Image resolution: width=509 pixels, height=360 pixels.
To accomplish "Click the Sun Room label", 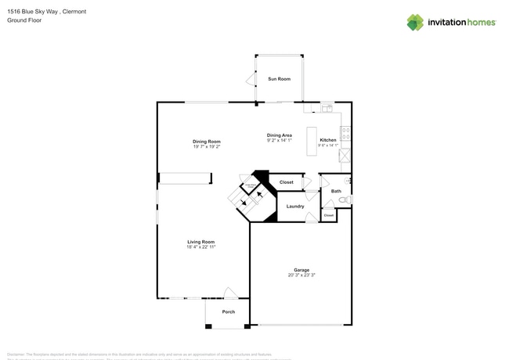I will pyautogui.click(x=279, y=79).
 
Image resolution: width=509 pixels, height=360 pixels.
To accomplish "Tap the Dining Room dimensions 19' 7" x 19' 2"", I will pyautogui.click(x=207, y=147).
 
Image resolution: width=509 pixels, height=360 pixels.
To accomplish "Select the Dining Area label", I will pyautogui.click(x=280, y=135).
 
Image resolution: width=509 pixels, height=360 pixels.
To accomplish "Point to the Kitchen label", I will pyautogui.click(x=327, y=140).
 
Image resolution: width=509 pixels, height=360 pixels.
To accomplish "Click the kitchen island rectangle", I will pyautogui.click(x=311, y=140).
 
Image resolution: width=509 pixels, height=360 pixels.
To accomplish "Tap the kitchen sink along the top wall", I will pyautogui.click(x=327, y=107).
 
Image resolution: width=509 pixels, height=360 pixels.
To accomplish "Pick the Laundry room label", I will pyautogui.click(x=295, y=206).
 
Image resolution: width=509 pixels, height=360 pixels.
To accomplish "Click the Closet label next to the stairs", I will pyautogui.click(x=287, y=182).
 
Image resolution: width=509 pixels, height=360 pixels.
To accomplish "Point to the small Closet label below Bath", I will pyautogui.click(x=329, y=214).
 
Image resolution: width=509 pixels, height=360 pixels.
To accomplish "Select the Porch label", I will pyautogui.click(x=228, y=311).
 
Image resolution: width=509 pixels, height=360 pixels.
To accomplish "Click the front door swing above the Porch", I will pyautogui.click(x=230, y=293).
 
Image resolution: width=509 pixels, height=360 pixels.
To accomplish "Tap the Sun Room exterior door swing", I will pyautogui.click(x=251, y=79).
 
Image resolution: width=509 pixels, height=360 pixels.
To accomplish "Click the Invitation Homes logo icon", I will pyautogui.click(x=415, y=22).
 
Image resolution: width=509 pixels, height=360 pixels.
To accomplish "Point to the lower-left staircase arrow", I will pyautogui.click(x=244, y=201).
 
